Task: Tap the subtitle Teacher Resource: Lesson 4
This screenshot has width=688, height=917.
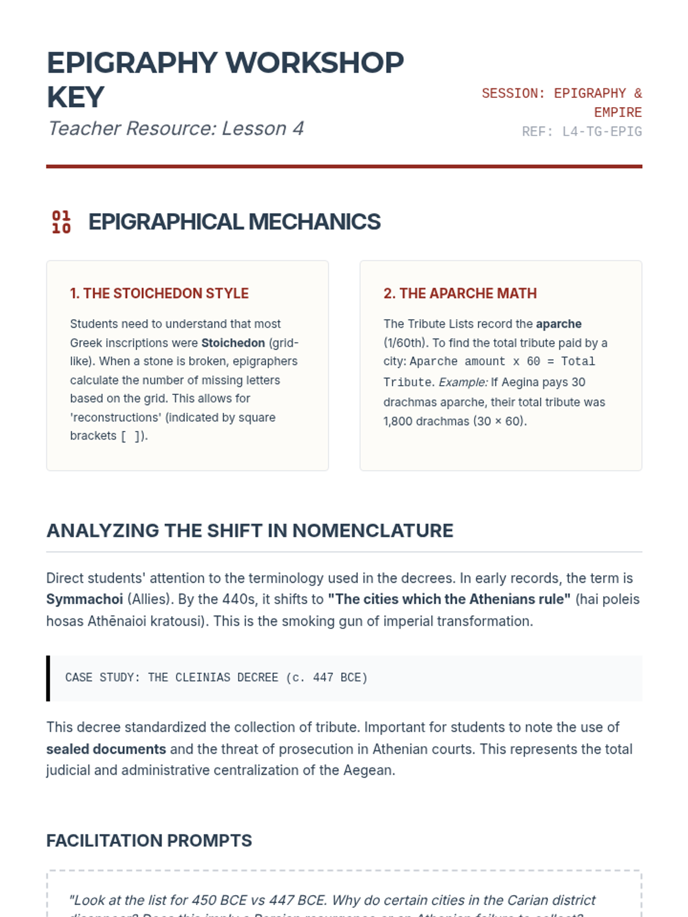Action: tap(175, 128)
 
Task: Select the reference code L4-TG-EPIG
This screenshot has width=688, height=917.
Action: tap(601, 132)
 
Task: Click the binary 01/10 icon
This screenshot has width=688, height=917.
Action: tap(61, 222)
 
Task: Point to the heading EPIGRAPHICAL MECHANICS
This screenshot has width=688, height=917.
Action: tap(234, 222)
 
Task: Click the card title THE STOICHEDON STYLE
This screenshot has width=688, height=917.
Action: tap(159, 293)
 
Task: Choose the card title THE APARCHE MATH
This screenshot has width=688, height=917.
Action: tap(460, 293)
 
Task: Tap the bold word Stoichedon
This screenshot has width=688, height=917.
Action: tap(233, 343)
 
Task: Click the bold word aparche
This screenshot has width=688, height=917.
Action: tap(558, 324)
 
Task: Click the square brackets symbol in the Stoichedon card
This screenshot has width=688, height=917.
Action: tap(131, 436)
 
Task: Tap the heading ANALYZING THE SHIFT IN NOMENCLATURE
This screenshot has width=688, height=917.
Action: tap(249, 531)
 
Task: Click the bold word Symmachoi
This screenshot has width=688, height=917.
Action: tap(84, 599)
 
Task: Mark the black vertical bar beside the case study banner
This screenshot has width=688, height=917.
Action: tap(48, 678)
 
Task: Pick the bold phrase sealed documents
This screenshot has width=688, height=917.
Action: tap(106, 749)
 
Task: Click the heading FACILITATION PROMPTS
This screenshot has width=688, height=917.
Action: tap(149, 841)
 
